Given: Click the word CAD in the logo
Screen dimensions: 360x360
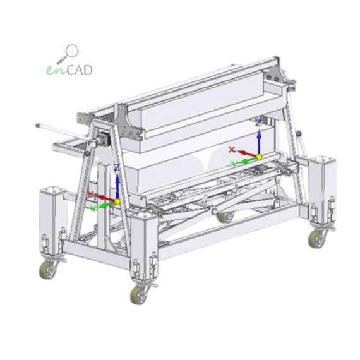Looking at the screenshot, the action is pyautogui.click(x=80, y=70).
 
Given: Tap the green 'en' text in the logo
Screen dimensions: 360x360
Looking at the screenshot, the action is pyautogui.click(x=57, y=70).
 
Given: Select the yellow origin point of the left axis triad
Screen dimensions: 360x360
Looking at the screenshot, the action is pyautogui.click(x=117, y=202).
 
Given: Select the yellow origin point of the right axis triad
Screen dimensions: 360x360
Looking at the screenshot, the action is pyautogui.click(x=259, y=157).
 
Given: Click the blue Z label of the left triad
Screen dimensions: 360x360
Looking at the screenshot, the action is pyautogui.click(x=117, y=167).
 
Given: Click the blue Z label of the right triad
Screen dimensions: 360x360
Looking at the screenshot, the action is pyautogui.click(x=259, y=123).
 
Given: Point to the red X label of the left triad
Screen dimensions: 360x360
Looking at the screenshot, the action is pyautogui.click(x=90, y=194).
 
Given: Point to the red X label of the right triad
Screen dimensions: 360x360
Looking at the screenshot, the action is pyautogui.click(x=232, y=150).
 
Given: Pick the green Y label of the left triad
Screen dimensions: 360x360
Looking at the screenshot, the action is pyautogui.click(x=93, y=208).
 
